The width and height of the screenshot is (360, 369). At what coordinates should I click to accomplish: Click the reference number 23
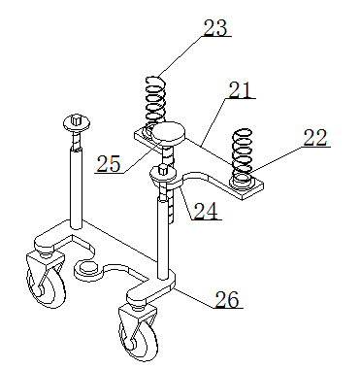tap(215, 28)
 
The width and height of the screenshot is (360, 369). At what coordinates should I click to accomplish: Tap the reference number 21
tap(240, 90)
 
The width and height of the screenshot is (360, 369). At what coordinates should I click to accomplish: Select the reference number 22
tap(315, 138)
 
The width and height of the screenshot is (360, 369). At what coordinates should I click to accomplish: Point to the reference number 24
tap(206, 211)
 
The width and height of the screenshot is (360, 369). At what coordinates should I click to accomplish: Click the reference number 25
tap(109, 164)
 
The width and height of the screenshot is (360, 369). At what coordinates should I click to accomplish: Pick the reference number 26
tap(227, 299)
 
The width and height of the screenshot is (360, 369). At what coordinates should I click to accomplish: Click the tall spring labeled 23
tap(156, 105)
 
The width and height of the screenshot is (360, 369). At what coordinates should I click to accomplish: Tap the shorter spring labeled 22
tap(243, 154)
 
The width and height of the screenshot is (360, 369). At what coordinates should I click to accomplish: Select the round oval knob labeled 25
tap(169, 133)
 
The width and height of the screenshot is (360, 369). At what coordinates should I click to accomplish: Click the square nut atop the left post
tap(77, 119)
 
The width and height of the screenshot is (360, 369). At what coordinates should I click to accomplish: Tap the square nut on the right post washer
tap(163, 169)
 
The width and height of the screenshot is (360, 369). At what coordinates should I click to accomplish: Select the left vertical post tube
tap(77, 187)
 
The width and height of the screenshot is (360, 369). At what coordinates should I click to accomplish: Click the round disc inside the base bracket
tap(88, 268)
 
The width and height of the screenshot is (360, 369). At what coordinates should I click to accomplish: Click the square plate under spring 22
tap(245, 188)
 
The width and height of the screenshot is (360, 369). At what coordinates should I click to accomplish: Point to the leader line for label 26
tap(194, 297)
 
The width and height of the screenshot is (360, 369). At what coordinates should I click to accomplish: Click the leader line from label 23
tap(180, 56)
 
